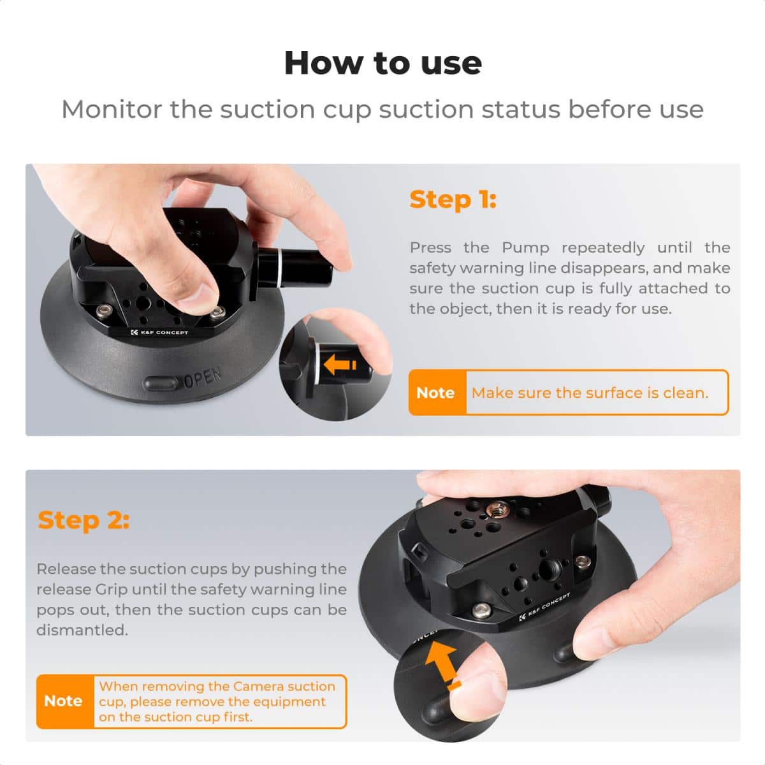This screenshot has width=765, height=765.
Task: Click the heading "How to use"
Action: tap(382, 63)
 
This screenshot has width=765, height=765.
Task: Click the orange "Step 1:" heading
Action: tap(453, 200)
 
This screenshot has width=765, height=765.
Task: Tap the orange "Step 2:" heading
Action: tap(84, 520)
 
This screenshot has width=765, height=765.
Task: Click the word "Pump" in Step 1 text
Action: tap(525, 247)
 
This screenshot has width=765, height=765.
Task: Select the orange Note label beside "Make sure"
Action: tap(436, 393)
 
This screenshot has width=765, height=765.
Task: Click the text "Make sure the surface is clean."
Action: tap(590, 393)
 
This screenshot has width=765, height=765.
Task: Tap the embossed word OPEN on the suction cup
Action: tap(203, 378)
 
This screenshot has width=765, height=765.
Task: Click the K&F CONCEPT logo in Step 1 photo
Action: tap(159, 332)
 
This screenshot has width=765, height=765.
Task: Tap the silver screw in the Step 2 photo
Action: tap(582, 562)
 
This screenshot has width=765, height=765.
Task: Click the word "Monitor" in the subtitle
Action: tap(111, 110)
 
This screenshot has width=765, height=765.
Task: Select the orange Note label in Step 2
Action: tap(64, 701)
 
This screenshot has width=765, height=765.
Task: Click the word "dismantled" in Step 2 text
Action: tap(81, 630)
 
